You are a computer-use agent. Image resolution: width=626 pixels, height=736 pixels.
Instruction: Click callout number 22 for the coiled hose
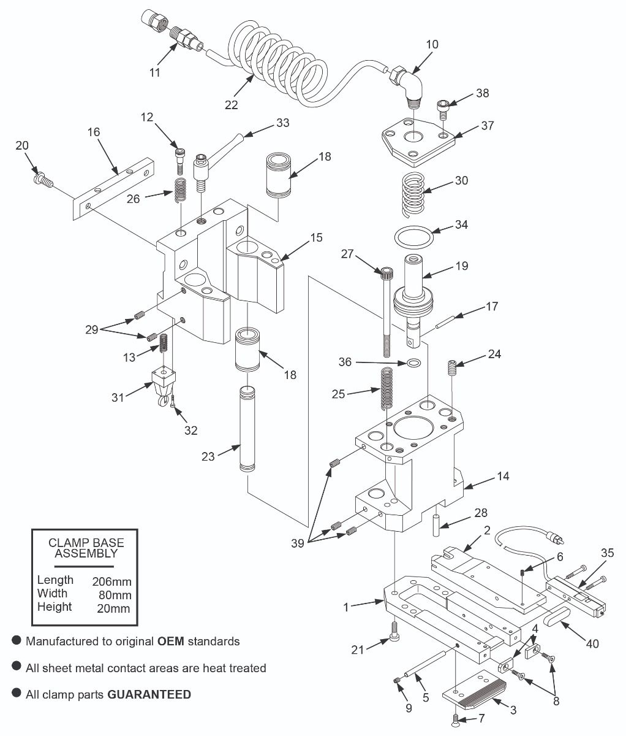pyautogui.click(x=231, y=104)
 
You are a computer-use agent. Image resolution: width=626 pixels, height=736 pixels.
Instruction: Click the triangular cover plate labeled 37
pyautogui.click(x=417, y=142)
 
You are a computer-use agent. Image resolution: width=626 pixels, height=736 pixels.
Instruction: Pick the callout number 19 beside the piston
pyautogui.click(x=461, y=266)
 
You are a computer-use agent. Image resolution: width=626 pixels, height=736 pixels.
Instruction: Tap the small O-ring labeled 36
pyautogui.click(x=414, y=363)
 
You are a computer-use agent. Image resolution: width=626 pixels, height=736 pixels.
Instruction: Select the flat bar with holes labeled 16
pyautogui.click(x=113, y=184)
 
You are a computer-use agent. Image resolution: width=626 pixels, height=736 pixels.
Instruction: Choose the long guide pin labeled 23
pyautogui.click(x=246, y=429)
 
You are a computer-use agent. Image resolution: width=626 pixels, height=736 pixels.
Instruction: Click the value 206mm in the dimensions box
pyautogui.click(x=111, y=581)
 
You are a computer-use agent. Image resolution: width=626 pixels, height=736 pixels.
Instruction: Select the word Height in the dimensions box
pyautogui.click(x=55, y=607)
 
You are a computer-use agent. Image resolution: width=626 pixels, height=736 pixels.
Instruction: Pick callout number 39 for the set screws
pyautogui.click(x=298, y=543)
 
